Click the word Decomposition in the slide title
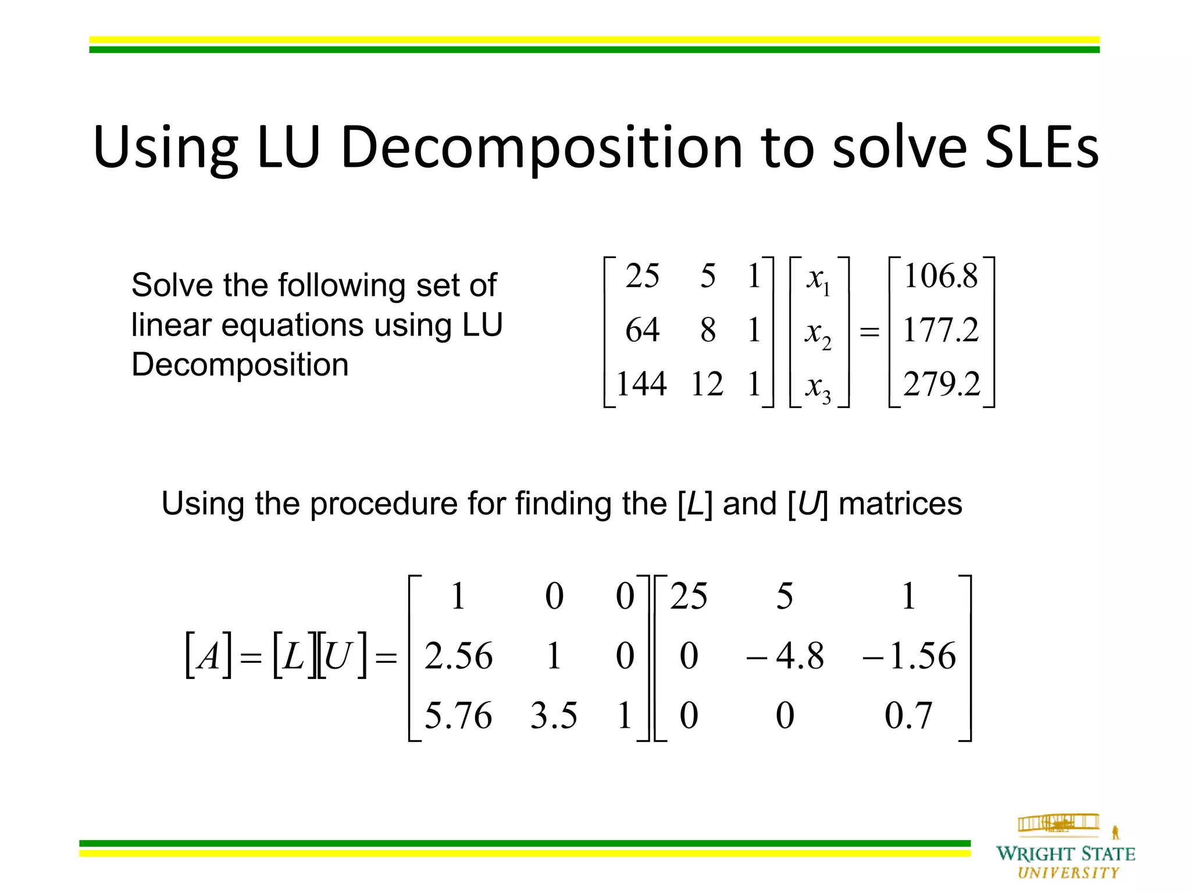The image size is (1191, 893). point(541,148)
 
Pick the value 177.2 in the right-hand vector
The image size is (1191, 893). point(941,330)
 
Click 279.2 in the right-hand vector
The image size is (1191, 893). point(941,384)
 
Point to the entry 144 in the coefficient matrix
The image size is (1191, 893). point(641,384)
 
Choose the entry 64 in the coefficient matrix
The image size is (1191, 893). point(642,330)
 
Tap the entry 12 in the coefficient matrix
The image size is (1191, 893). point(707,384)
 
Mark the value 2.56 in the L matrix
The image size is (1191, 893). point(458,656)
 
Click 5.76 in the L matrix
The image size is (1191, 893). point(458,715)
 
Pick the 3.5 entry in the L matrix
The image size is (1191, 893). point(554,715)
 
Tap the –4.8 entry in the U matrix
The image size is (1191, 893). point(785,656)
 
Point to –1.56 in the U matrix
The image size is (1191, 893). point(908,656)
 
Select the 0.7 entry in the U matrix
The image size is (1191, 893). point(908,715)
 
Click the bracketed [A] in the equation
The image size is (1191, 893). point(208,656)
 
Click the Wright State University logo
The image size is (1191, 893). point(1065,848)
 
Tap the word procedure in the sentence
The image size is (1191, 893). point(384,503)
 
